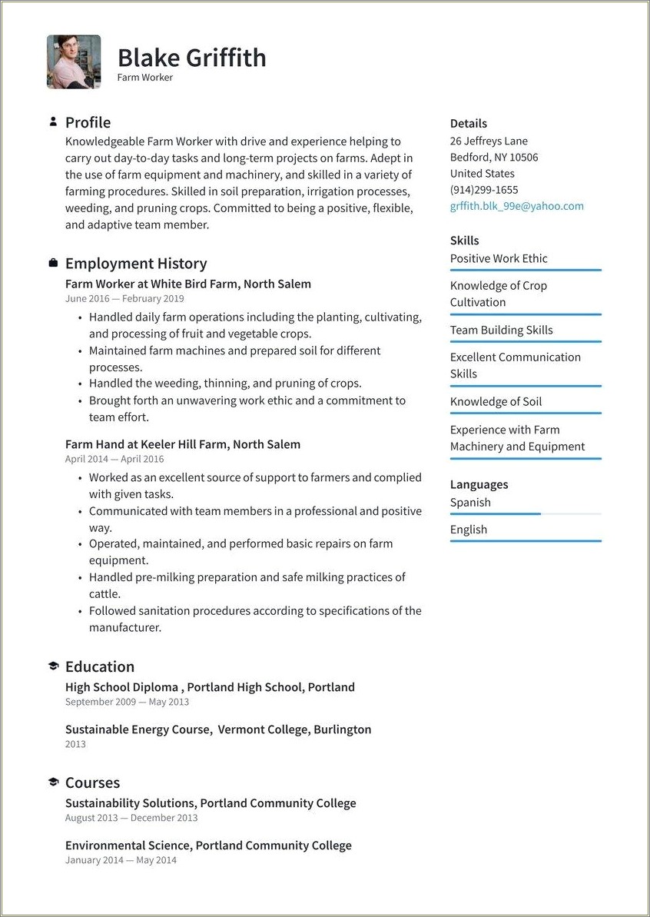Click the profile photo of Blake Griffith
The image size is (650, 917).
click(x=74, y=61)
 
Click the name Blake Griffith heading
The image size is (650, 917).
click(x=191, y=58)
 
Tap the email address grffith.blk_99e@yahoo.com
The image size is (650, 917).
click(x=516, y=206)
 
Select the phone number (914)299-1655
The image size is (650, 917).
click(x=483, y=190)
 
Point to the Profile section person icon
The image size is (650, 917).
click(x=53, y=122)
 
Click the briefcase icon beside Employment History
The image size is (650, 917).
click(x=53, y=264)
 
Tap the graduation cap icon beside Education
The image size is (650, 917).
click(x=53, y=666)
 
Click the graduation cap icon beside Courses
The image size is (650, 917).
click(x=53, y=782)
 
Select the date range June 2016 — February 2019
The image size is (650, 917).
click(x=124, y=299)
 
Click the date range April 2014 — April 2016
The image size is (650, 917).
click(x=114, y=459)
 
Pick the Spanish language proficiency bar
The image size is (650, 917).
click(x=526, y=513)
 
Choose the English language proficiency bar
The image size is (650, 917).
click(x=526, y=541)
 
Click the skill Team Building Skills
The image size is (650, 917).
click(x=501, y=330)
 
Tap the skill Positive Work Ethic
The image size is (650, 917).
click(x=499, y=258)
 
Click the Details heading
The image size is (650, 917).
click(x=468, y=123)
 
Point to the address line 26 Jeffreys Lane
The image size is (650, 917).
click(x=489, y=141)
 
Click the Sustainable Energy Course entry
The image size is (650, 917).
click(x=217, y=729)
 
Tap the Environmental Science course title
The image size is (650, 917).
click(x=208, y=846)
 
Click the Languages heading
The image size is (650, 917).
click(x=479, y=484)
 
